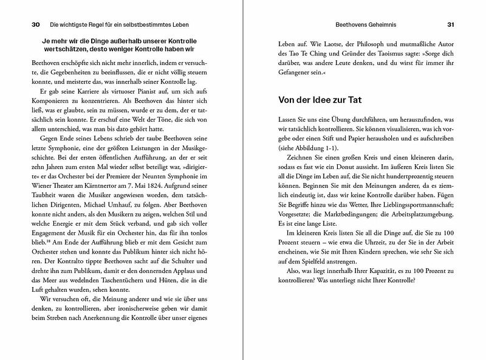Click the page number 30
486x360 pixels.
coord(35,25)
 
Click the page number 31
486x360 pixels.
coord(450,25)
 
